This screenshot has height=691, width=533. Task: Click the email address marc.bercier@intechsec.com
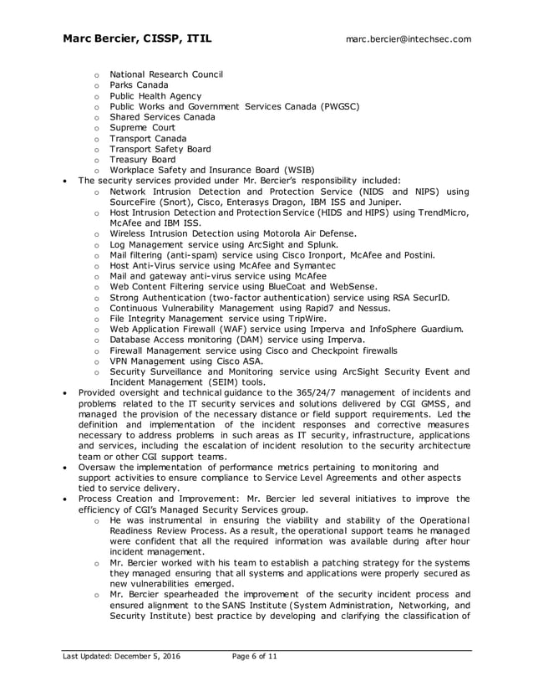point(409,38)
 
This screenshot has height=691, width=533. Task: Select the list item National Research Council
point(166,74)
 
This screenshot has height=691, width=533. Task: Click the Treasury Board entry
point(142,160)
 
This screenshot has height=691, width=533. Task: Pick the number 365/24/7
point(316,393)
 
